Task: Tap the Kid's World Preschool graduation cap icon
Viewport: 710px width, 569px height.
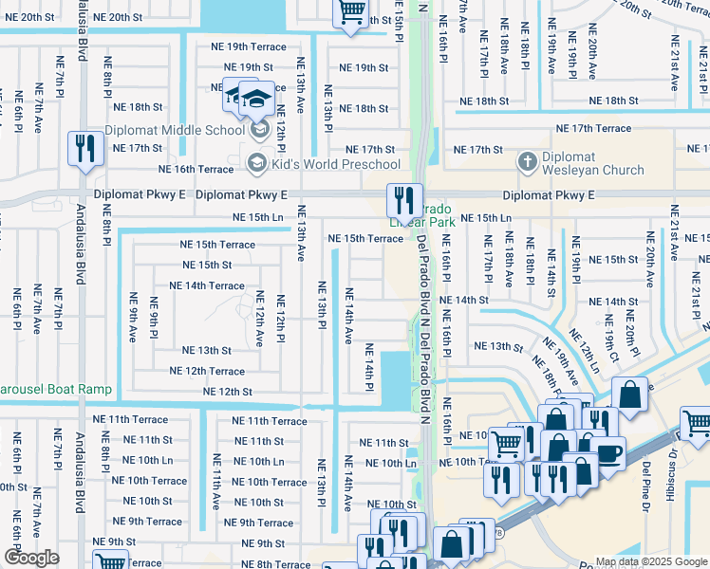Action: [255, 164]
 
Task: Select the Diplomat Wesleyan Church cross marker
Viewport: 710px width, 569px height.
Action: [528, 162]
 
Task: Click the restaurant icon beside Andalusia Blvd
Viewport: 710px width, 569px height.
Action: [85, 149]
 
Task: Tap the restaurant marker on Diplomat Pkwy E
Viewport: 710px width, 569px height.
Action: [404, 200]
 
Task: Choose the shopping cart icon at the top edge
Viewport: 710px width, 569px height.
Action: [350, 12]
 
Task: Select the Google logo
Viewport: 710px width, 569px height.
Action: [31, 558]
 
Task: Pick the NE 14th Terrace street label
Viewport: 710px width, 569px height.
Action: [206, 285]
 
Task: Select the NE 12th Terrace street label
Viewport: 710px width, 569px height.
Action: [206, 371]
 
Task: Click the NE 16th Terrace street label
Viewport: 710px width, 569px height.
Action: [196, 169]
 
